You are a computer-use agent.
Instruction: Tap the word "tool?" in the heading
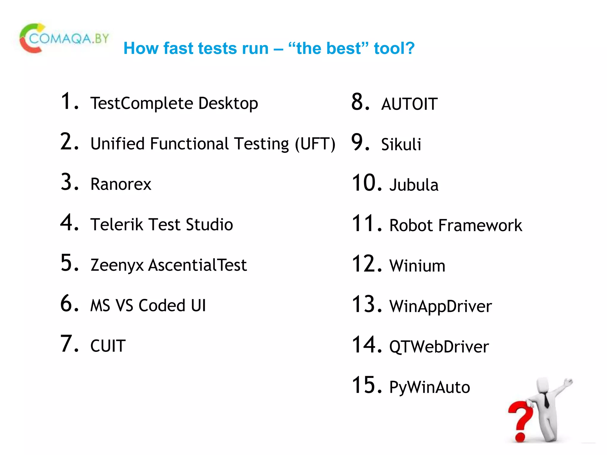coord(394,48)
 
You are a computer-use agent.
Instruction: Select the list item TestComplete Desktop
coord(174,103)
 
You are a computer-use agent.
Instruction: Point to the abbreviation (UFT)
coord(315,144)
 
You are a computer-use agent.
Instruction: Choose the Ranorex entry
coord(121,184)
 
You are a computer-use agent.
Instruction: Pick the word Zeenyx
coord(117,265)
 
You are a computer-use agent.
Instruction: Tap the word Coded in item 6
coord(162,305)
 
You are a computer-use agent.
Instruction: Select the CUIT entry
coord(108,346)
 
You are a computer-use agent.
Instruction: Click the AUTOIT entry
coord(409,104)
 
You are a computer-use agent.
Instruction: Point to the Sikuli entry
coord(401,145)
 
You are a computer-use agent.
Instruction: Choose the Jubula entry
coord(414,185)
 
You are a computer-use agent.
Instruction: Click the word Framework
coord(480,225)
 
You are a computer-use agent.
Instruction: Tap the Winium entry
coord(417,266)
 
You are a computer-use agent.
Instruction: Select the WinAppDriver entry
coord(440,306)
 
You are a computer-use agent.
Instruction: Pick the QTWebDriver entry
coord(439,347)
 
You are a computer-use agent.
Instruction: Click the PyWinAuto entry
coord(429,387)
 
